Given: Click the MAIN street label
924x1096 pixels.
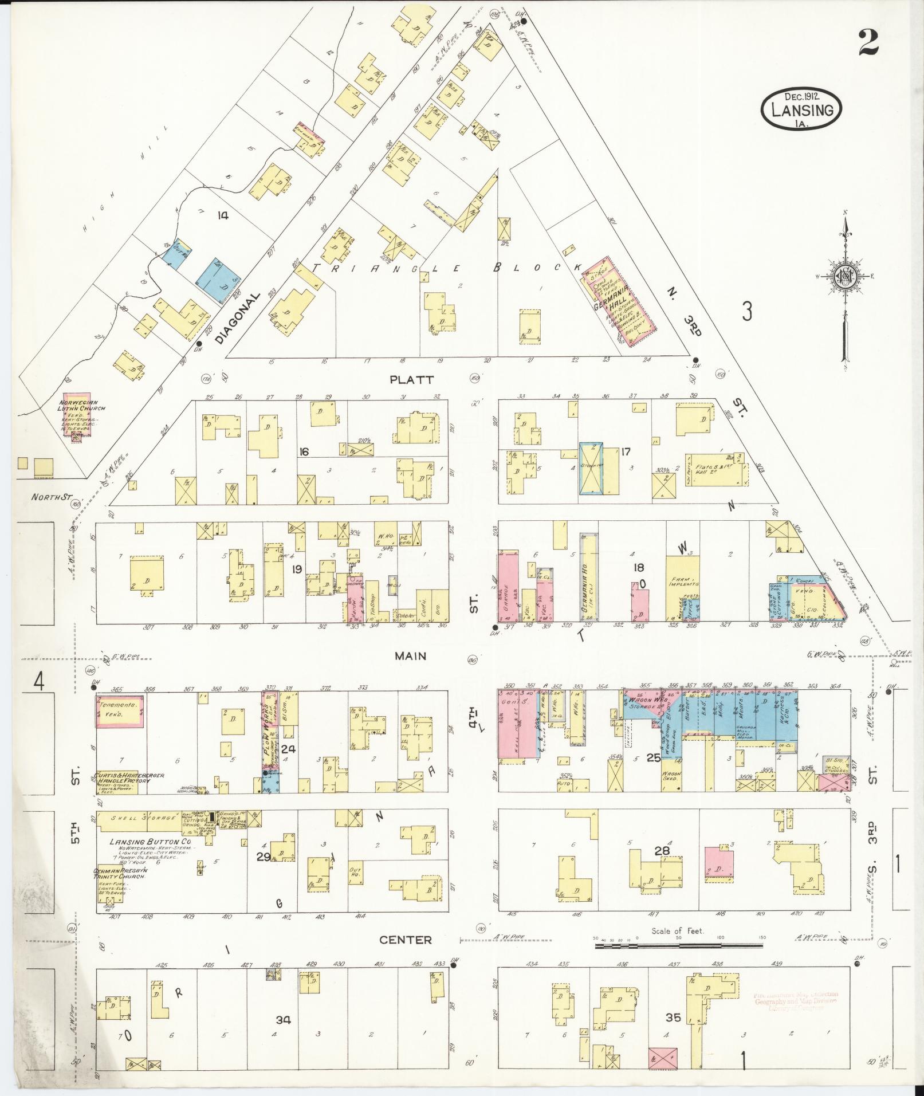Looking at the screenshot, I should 410,655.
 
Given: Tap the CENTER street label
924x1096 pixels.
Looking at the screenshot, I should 406,940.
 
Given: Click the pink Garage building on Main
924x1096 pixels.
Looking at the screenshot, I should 507,586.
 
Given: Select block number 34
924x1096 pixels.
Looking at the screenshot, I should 283,1020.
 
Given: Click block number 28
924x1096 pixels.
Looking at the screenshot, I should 662,851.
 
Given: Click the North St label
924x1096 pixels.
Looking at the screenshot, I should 50,497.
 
